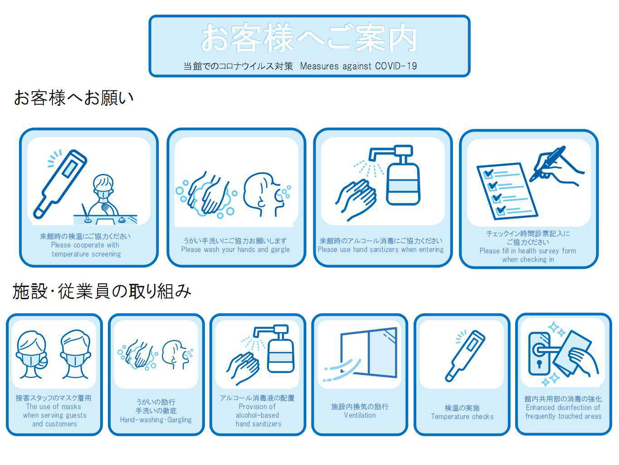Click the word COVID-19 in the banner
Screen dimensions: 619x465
click(x=395, y=66)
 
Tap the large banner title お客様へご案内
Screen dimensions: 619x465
click(x=309, y=38)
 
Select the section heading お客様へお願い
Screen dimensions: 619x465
click(x=74, y=98)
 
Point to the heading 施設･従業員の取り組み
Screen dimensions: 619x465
click(x=102, y=292)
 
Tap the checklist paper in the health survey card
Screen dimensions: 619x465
click(x=507, y=191)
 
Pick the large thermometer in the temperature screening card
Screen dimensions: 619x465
click(x=60, y=184)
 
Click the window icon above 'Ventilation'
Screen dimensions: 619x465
click(x=369, y=352)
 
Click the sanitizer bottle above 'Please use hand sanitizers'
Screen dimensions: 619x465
click(x=398, y=175)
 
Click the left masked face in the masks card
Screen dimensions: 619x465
click(x=32, y=355)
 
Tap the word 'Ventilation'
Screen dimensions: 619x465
click(x=360, y=416)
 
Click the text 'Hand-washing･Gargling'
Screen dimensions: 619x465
click(x=156, y=420)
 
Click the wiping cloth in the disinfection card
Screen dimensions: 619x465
click(x=571, y=353)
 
